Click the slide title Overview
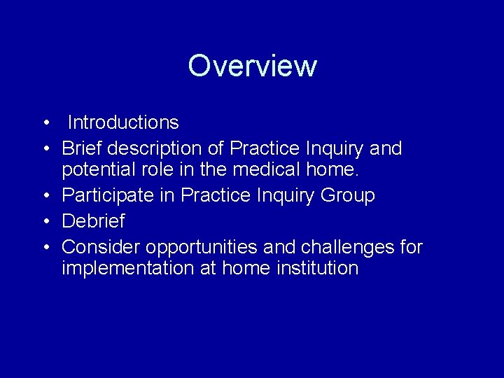click(x=252, y=66)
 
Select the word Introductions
click(x=123, y=122)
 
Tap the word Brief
click(x=82, y=148)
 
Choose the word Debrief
click(x=93, y=221)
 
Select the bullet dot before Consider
click(x=44, y=248)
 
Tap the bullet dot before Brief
click(x=44, y=149)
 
